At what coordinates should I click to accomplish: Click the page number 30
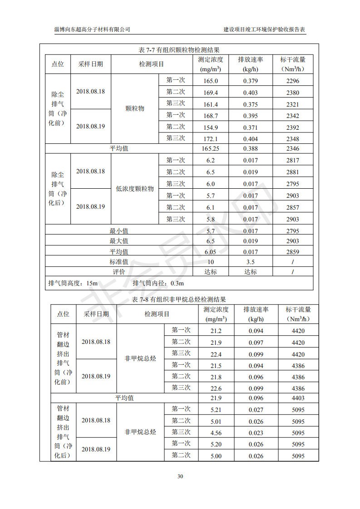(x=180, y=476)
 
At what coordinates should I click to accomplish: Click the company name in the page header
(x=92, y=29)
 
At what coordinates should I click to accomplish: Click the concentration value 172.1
(x=211, y=139)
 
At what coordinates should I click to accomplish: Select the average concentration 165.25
(x=211, y=148)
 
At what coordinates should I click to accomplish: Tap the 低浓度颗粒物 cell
(x=135, y=189)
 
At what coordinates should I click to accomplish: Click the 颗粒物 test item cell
(x=135, y=109)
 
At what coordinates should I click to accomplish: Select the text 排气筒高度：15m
(x=73, y=284)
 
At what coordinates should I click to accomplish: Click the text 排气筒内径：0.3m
(x=158, y=284)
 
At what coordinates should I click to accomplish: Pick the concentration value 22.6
(x=216, y=388)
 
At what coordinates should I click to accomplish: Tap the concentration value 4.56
(x=216, y=433)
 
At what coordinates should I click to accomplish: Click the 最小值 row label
(x=119, y=231)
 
